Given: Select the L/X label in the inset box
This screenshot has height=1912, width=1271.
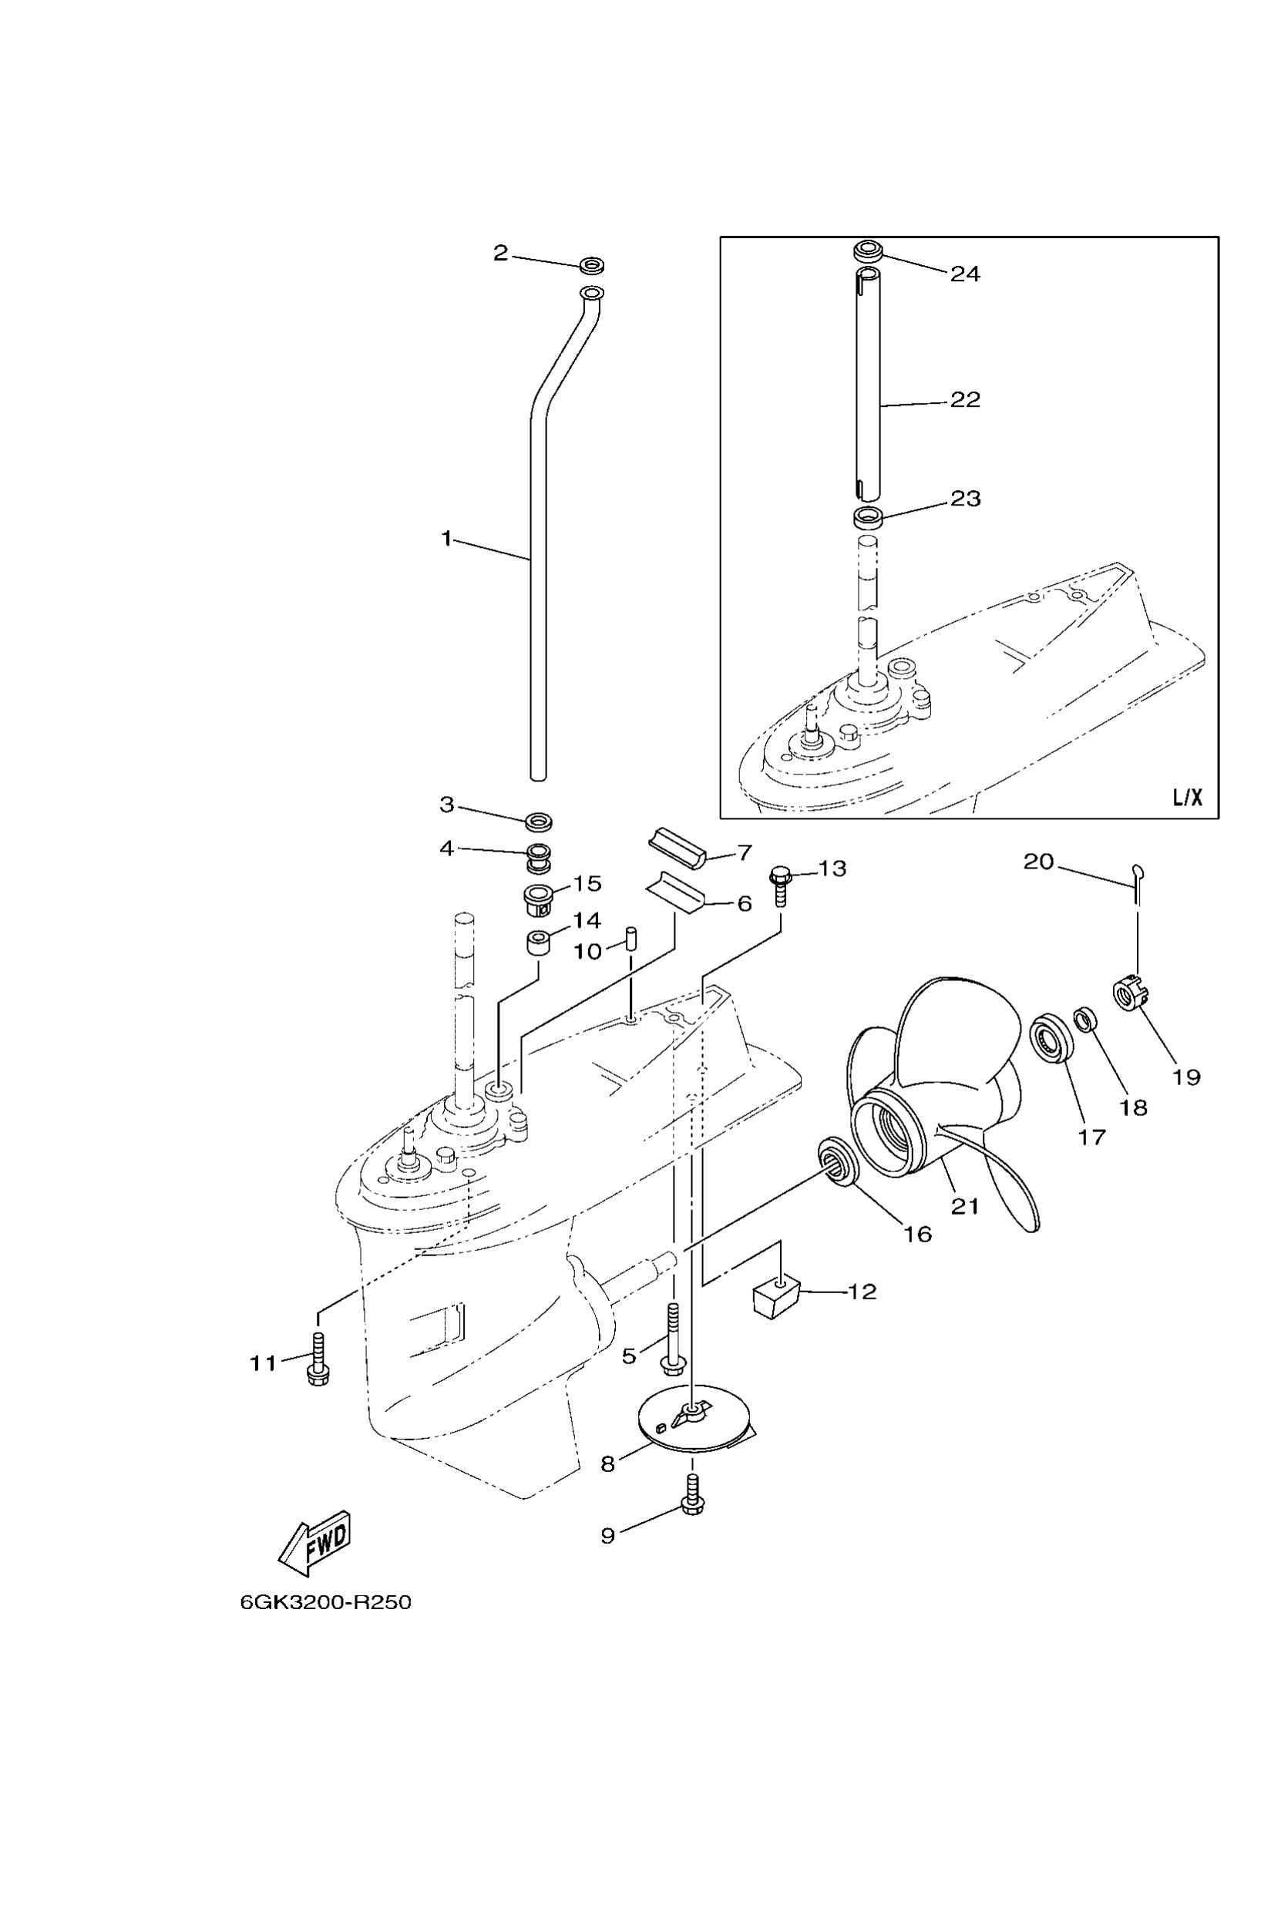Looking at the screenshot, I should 1187,798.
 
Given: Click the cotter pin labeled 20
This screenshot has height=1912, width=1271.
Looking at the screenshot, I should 1138,879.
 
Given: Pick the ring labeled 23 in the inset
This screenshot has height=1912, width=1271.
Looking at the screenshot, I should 868,516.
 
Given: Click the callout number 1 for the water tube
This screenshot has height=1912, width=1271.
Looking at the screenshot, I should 446,538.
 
